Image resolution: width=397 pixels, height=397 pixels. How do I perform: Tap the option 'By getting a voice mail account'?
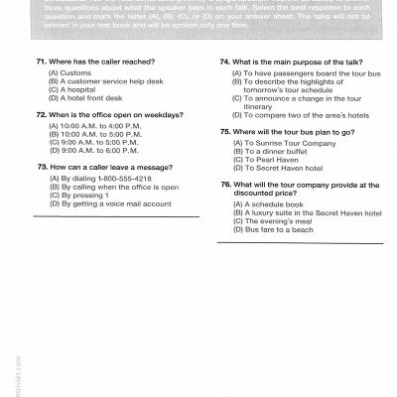tap(109, 202)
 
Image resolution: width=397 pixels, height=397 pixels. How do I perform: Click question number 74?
tap(225, 62)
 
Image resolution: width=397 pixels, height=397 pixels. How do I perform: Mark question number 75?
tap(225, 131)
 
